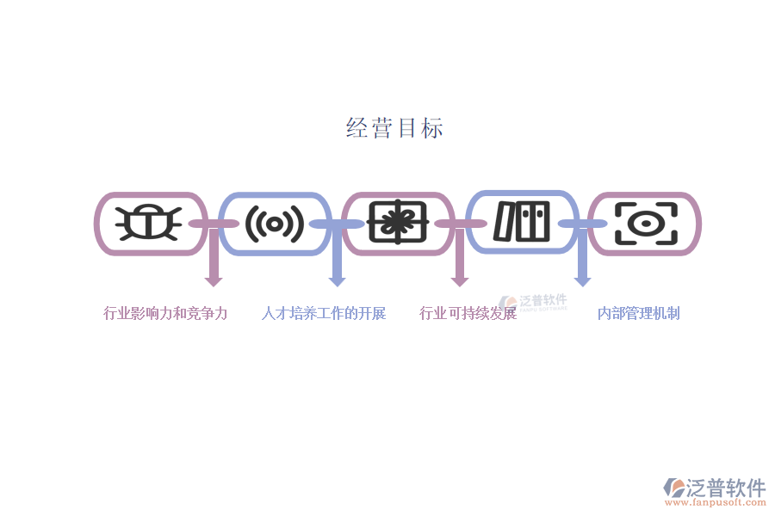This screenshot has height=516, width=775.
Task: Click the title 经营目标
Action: pyautogui.click(x=394, y=128)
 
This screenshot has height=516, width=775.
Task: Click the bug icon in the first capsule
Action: pyautogui.click(x=151, y=223)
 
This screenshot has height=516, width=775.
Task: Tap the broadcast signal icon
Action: pyautogui.click(x=275, y=224)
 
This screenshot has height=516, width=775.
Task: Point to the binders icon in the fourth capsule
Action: pyautogui.click(x=521, y=222)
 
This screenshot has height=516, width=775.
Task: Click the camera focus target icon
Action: pyautogui.click(x=645, y=224)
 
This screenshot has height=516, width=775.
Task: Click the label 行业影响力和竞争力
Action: pyautogui.click(x=165, y=313)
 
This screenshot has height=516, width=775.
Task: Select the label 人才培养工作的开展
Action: pyautogui.click(x=324, y=313)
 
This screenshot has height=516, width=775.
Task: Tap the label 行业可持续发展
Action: pyautogui.click(x=468, y=313)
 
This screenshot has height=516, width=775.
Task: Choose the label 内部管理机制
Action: pyautogui.click(x=639, y=313)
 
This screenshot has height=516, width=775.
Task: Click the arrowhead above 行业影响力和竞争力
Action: pyautogui.click(x=214, y=280)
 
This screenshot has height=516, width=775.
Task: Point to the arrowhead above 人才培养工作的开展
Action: pyautogui.click(x=337, y=280)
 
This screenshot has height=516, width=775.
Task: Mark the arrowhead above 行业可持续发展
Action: pyautogui.click(x=460, y=280)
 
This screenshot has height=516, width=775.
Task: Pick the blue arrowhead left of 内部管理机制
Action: pyautogui.click(x=583, y=280)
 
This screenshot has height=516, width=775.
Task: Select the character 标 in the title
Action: pyautogui.click(x=432, y=128)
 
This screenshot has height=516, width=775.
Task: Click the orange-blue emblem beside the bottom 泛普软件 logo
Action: pyautogui.click(x=674, y=488)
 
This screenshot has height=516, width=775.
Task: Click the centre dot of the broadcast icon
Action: pyautogui.click(x=275, y=224)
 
